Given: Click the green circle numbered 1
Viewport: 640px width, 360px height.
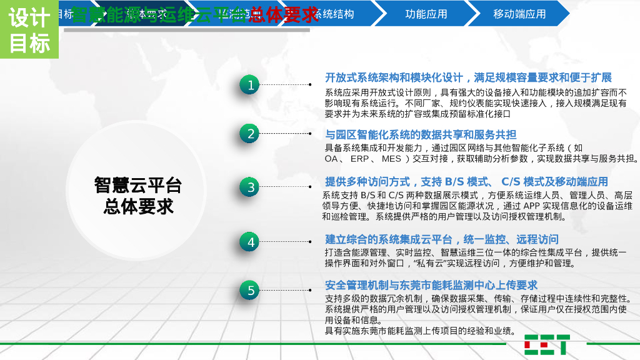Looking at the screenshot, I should point(249,85).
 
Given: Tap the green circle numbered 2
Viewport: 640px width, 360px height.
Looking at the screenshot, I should point(249,133).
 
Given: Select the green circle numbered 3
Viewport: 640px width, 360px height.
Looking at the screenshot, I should point(249,187).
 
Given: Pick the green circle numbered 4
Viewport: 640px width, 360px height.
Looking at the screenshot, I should point(249,242).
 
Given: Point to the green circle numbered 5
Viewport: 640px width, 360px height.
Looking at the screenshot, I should point(249,290).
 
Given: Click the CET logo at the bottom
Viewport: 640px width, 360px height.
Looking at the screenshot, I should point(547,344).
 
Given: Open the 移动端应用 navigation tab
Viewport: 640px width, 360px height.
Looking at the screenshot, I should point(519,14).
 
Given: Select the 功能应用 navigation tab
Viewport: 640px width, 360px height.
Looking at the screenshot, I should point(426,14).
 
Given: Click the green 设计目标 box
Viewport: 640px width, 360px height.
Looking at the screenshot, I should point(29,30).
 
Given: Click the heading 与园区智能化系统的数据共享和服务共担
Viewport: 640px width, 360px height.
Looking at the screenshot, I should point(421,134).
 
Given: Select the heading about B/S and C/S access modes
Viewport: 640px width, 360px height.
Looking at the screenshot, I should point(466,182).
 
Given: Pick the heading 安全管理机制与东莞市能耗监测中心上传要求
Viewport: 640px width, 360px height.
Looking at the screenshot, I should point(431,285).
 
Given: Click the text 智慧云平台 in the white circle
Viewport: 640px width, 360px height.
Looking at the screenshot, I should point(138,185).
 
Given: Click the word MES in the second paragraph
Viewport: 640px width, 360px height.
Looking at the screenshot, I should point(391,159).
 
